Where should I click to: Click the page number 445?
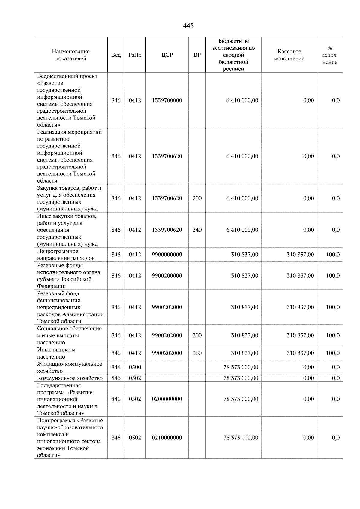[x=188, y=26]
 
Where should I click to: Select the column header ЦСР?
[x=167, y=55]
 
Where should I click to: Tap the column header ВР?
[x=197, y=55]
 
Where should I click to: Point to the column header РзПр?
[x=135, y=55]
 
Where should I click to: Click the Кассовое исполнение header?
[x=289, y=55]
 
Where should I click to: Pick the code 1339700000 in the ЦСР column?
[x=167, y=100]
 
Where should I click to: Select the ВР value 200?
[x=197, y=198]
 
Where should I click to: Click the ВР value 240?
[x=197, y=230]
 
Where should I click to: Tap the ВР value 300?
[x=197, y=335]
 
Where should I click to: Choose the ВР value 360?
[x=197, y=353]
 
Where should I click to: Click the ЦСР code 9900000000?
[x=167, y=255]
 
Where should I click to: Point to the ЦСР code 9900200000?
[x=167, y=276]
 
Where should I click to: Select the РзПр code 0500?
[x=135, y=367]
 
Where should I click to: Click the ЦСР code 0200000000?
[x=167, y=399]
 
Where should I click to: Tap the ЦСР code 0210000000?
[x=167, y=438]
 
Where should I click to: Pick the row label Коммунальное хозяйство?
[x=70, y=378]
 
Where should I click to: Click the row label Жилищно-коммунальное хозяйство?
[x=70, y=367]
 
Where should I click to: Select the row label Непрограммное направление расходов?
[x=66, y=255]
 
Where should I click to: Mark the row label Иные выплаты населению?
[x=56, y=353]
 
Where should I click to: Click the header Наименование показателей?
[x=70, y=55]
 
